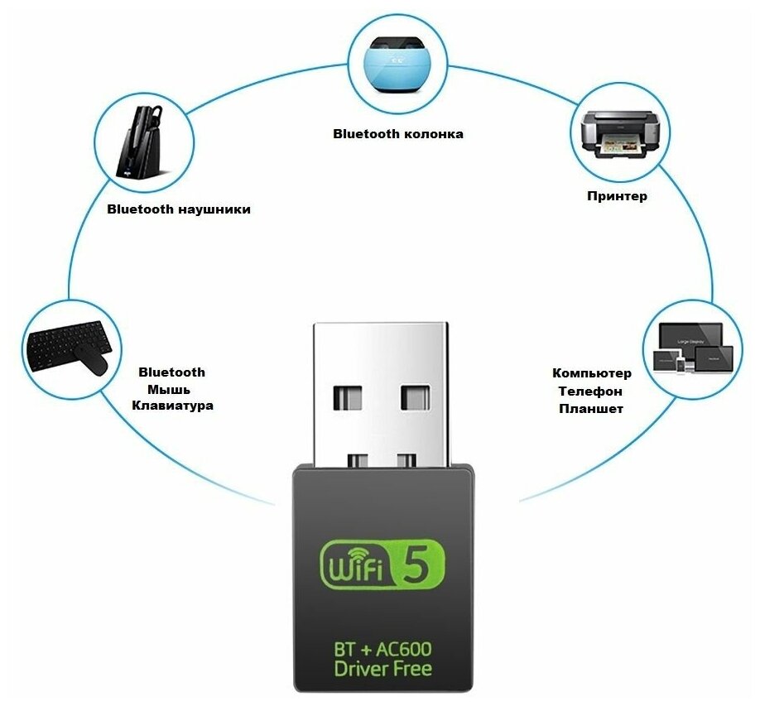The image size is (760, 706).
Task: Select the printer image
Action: (619, 134)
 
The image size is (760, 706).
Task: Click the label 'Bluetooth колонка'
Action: (397, 133)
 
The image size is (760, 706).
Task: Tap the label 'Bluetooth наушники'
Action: (179, 209)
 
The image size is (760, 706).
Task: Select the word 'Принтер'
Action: (617, 196)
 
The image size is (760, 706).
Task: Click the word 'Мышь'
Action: (169, 389)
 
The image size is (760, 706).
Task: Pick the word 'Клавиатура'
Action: (172, 406)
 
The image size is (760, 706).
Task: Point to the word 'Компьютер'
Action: (591, 373)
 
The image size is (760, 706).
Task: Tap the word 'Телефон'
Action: (590, 391)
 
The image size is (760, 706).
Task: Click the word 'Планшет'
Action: (590, 409)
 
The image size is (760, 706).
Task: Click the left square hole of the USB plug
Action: (349, 397)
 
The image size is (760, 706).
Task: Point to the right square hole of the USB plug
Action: (416, 397)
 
